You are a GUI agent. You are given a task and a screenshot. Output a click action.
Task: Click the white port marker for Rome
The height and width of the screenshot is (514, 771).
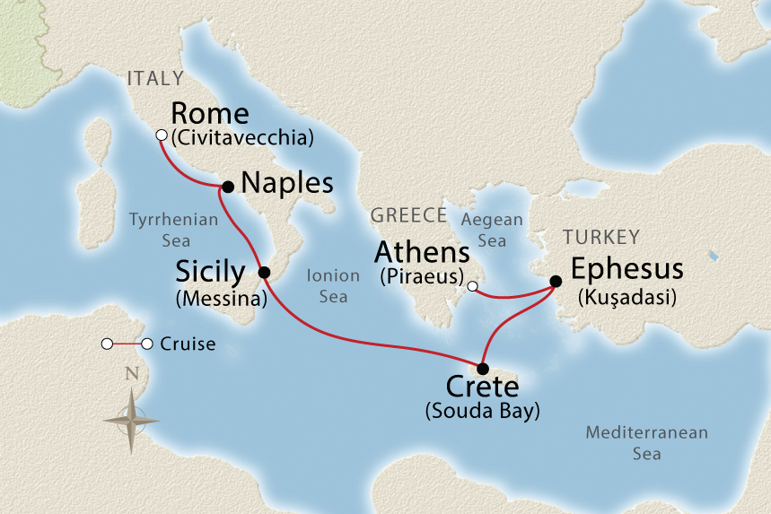[x=162, y=135]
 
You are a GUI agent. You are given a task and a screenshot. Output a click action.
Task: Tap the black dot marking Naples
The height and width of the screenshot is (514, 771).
[x=228, y=187]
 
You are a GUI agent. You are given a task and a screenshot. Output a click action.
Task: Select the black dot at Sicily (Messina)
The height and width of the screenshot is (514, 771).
[x=264, y=272]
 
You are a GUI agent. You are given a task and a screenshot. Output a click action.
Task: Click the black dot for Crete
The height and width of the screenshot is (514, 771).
[x=483, y=369]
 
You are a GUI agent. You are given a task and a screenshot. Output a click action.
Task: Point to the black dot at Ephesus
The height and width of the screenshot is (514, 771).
[x=556, y=282]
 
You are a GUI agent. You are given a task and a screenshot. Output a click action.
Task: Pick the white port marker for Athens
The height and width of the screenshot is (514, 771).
[x=472, y=287]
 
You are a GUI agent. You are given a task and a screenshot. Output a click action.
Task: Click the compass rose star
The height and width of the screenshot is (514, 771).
[x=131, y=420]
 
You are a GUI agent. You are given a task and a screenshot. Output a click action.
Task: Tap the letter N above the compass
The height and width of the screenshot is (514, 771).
[x=132, y=374]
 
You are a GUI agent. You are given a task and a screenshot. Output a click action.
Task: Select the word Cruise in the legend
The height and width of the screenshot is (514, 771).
[x=188, y=344]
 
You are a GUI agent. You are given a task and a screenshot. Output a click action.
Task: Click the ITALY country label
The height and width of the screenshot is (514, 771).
[x=155, y=78]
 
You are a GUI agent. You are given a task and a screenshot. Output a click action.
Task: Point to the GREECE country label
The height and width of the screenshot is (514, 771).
[x=408, y=215]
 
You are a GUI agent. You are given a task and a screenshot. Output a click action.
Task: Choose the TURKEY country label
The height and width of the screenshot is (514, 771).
[x=600, y=237]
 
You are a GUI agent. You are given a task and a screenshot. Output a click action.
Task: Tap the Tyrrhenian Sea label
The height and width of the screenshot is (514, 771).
[x=162, y=229]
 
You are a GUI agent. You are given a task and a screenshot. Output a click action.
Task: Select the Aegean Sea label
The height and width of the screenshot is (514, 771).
[x=490, y=230]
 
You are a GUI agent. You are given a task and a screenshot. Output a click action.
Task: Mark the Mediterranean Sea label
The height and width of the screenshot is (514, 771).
[x=646, y=443]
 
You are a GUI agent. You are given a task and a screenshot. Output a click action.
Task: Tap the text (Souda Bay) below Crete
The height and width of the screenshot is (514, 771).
[x=482, y=412]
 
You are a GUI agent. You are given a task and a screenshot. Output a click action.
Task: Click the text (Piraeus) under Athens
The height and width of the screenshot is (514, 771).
[x=420, y=276]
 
